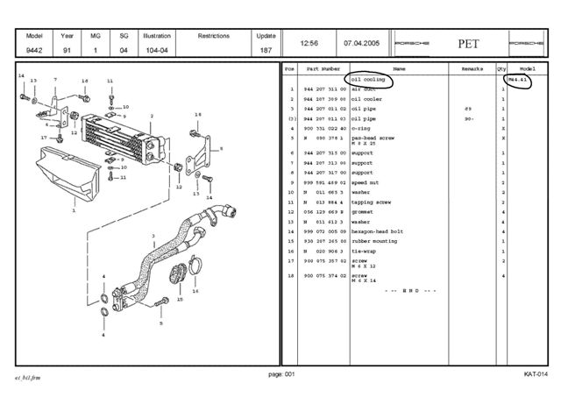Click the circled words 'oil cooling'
(369, 80)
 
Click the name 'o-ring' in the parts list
(361, 128)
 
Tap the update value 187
(266, 51)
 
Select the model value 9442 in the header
(35, 51)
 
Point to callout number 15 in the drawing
(179, 299)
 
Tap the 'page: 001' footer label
(280, 374)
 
